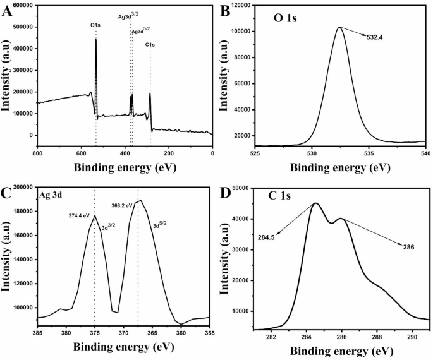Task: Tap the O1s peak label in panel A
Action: pyautogui.click(x=95, y=25)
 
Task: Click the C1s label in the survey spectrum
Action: pyautogui.click(x=150, y=44)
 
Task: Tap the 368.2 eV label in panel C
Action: pyautogui.click(x=121, y=205)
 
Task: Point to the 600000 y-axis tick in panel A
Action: pyautogui.click(x=22, y=6)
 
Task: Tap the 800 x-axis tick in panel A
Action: pyautogui.click(x=37, y=153)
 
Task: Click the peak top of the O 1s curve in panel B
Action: pyautogui.click(x=339, y=27)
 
